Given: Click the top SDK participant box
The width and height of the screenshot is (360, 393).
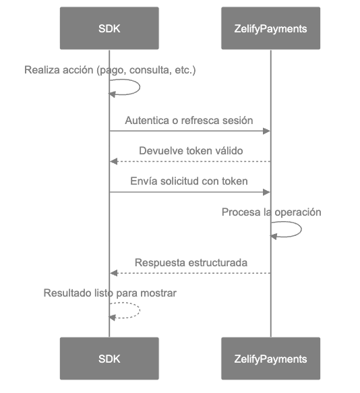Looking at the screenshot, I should click(109, 28).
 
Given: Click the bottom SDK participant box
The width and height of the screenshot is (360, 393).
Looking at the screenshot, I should click(109, 359).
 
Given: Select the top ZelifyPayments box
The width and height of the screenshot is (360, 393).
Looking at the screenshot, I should click(270, 28).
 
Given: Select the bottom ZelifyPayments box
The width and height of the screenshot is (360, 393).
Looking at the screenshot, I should click(270, 359).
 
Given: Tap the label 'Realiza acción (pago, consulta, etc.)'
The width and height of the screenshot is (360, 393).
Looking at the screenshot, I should click(110, 70).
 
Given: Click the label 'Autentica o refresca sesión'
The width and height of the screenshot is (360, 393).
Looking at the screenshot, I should click(189, 121).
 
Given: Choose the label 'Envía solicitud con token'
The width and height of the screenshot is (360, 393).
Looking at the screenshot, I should click(189, 181).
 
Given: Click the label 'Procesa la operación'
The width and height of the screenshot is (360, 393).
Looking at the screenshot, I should click(271, 212).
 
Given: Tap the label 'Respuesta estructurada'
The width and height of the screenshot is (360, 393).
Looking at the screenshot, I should click(191, 262).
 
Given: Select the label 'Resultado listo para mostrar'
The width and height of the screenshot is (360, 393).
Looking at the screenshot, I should click(110, 293).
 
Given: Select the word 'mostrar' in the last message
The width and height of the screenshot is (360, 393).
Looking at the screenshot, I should click(160, 293).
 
